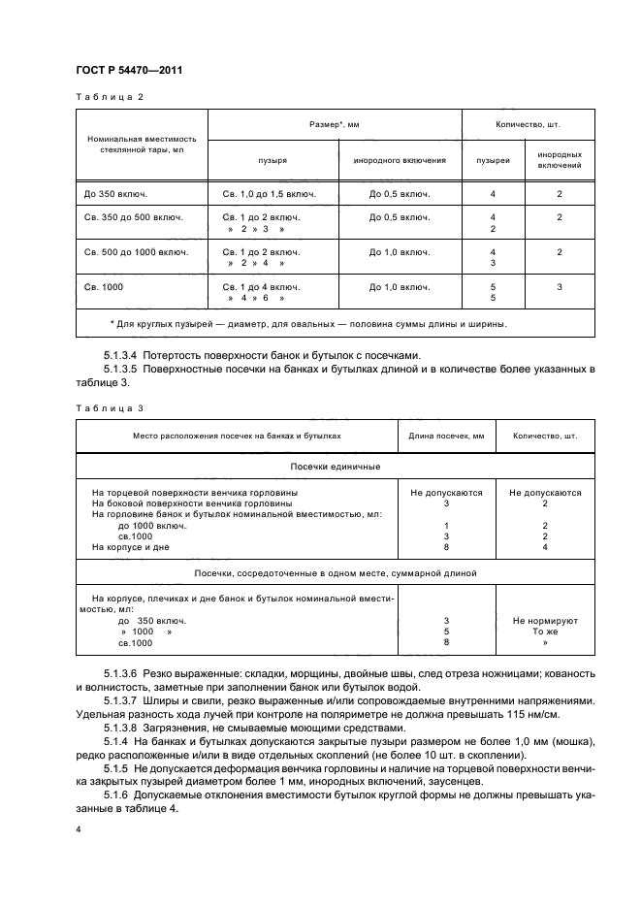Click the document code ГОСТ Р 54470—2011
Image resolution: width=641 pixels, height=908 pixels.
pyautogui.click(x=129, y=71)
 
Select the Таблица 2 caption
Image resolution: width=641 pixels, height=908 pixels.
pyautogui.click(x=109, y=98)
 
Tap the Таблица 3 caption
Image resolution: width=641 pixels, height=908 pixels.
pyautogui.click(x=109, y=408)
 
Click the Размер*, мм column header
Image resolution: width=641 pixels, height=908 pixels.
pyautogui.click(x=334, y=125)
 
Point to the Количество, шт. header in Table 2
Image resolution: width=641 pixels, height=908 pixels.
pyautogui.click(x=527, y=125)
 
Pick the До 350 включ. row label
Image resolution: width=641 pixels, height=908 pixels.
pyautogui.click(x=114, y=194)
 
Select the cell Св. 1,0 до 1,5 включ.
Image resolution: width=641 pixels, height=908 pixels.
pyautogui.click(x=271, y=194)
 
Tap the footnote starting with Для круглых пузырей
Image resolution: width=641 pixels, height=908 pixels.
pyautogui.click(x=308, y=324)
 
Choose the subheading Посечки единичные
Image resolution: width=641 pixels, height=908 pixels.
pyautogui.click(x=336, y=467)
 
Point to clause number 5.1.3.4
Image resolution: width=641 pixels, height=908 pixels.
pyautogui.click(x=122, y=356)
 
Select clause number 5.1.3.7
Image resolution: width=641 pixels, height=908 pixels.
pyautogui.click(x=122, y=699)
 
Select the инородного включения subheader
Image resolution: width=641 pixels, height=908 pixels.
pyautogui.click(x=400, y=159)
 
